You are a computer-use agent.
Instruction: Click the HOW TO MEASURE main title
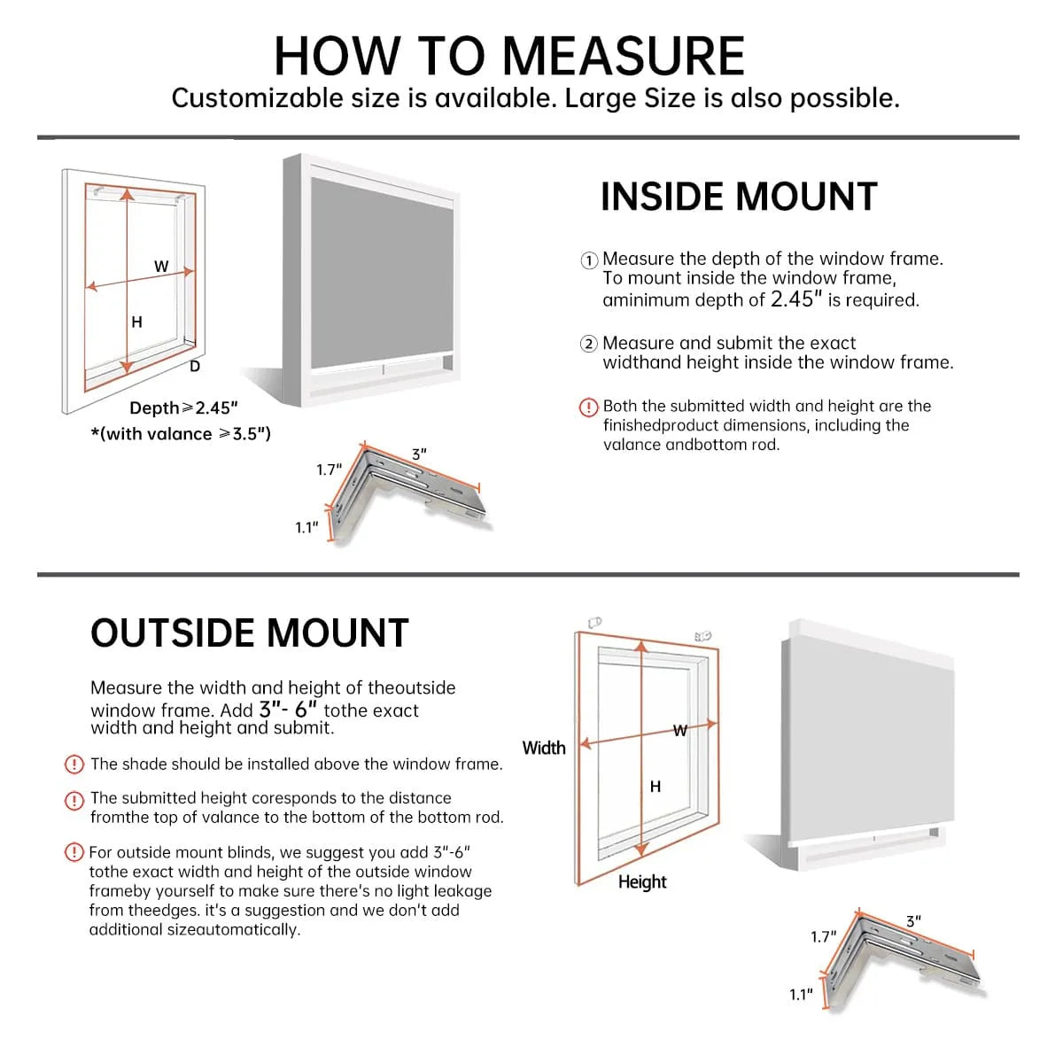click(x=509, y=56)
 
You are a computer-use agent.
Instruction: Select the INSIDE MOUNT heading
click(x=738, y=197)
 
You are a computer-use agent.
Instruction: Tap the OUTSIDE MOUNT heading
click(x=249, y=633)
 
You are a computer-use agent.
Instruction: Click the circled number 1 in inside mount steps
click(x=589, y=260)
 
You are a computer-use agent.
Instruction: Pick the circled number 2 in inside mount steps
click(x=589, y=344)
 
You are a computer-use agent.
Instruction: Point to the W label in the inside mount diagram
click(x=161, y=266)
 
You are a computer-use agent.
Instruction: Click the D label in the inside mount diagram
click(x=195, y=366)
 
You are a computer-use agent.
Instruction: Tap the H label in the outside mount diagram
click(x=656, y=787)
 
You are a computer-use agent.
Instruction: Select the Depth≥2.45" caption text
click(x=183, y=407)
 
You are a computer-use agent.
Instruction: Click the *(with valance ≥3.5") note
click(x=181, y=434)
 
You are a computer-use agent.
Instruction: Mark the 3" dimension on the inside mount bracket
click(x=419, y=454)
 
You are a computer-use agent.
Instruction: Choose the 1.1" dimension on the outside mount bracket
click(x=801, y=995)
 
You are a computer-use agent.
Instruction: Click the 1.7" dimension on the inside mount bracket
click(x=329, y=469)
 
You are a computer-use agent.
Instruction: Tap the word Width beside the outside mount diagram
click(x=544, y=748)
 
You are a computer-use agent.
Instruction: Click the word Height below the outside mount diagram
click(x=642, y=881)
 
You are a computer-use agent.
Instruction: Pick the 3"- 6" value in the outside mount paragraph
click(x=288, y=710)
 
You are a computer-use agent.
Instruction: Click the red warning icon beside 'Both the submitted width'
click(x=589, y=407)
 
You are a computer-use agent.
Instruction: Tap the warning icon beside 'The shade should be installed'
click(x=74, y=764)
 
